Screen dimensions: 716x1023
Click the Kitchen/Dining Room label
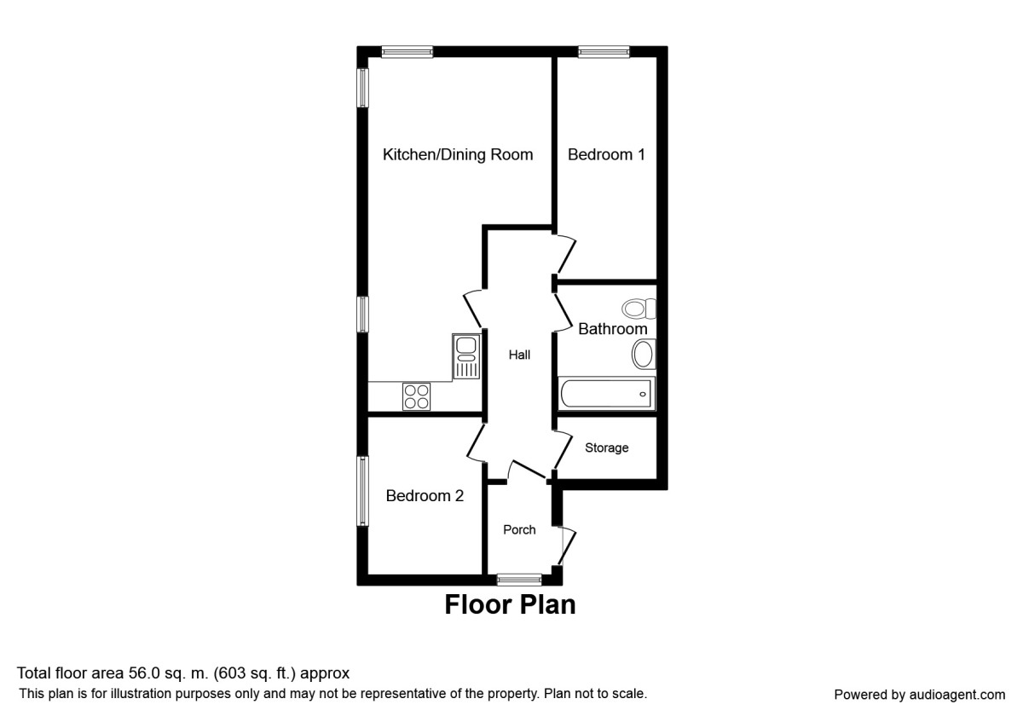pos(458,154)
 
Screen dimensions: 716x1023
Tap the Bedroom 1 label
pos(606,154)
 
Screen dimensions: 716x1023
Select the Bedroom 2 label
pos(425,495)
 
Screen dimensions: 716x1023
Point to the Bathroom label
pos(612,328)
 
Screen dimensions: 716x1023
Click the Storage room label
pos(606,447)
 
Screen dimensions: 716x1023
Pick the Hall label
pos(519,355)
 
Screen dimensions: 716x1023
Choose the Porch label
pos(519,529)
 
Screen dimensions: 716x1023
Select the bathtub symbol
pos(606,394)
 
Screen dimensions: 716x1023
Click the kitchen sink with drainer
pos(465,357)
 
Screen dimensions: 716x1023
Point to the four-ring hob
pos(417,396)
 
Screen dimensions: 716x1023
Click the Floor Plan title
pos(510,604)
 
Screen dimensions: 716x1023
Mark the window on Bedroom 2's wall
pos(363,492)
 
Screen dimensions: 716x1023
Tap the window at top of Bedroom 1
pos(604,52)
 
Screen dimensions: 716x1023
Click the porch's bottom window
pos(519,580)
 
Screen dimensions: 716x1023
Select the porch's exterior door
pos(566,546)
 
